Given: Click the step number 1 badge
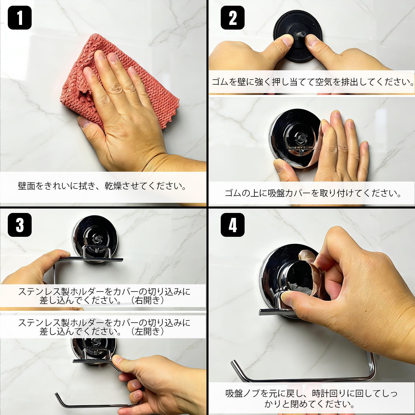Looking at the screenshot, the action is (x=20, y=17).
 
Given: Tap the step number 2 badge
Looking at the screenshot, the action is (x=233, y=17).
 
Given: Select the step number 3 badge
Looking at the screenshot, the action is (x=20, y=225).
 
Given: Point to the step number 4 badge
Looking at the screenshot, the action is (x=233, y=225).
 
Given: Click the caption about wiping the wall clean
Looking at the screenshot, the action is (x=102, y=186).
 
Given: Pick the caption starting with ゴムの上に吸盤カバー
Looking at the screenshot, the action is (x=313, y=193).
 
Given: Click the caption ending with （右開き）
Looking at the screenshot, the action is (x=104, y=296).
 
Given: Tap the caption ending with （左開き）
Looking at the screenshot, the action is (x=104, y=327).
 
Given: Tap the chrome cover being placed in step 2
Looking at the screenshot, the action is (x=296, y=137).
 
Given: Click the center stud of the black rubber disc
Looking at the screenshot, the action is (x=300, y=34).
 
